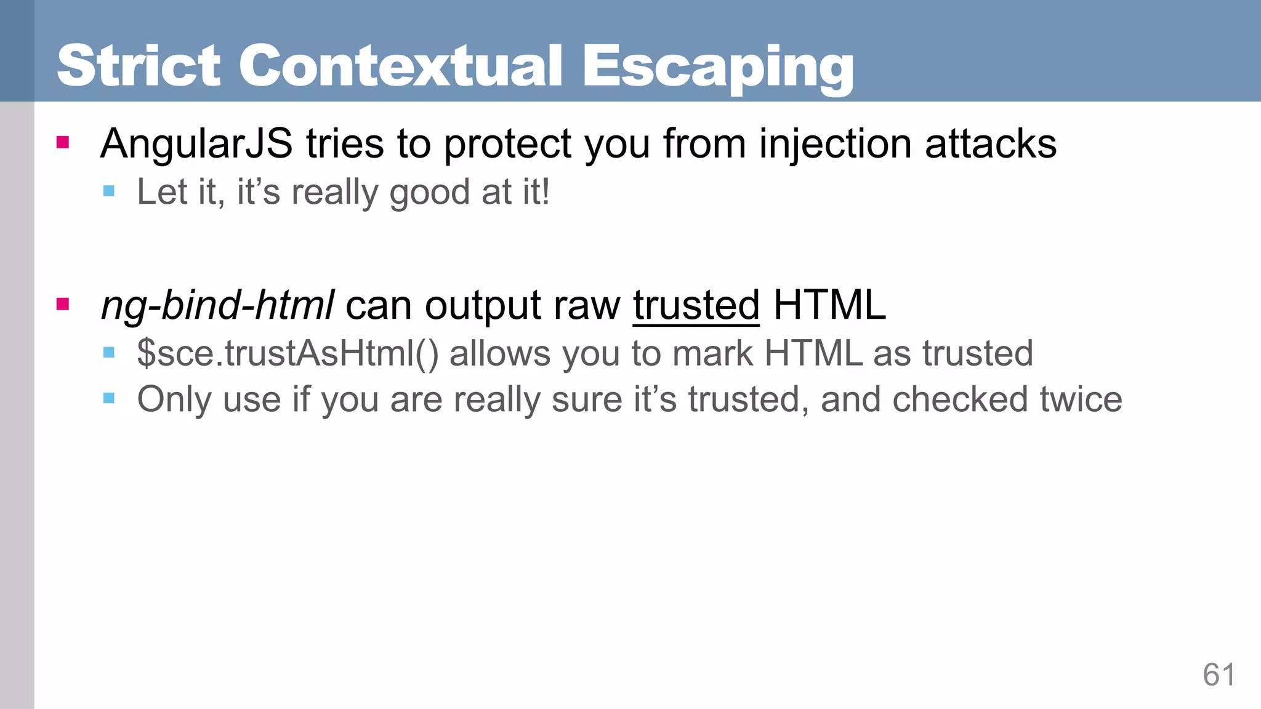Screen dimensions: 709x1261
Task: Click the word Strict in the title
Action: (139, 66)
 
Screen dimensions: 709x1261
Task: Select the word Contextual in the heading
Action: (400, 66)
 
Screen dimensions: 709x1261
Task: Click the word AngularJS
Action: (196, 144)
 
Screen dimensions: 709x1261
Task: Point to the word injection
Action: (835, 144)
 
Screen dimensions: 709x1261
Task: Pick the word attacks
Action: (991, 144)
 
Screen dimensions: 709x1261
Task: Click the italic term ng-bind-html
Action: (217, 305)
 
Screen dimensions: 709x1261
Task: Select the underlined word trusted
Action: (696, 305)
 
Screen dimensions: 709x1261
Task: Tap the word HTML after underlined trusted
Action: (829, 305)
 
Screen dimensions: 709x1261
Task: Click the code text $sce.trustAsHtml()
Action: (288, 354)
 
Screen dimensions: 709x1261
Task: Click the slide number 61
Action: (1219, 675)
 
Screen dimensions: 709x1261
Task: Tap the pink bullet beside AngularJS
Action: (62, 143)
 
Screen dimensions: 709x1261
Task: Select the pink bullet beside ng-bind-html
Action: (62, 304)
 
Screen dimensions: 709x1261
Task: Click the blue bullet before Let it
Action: (109, 191)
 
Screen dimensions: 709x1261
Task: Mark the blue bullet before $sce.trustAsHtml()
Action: (109, 353)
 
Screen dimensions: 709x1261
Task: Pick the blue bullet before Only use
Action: (109, 398)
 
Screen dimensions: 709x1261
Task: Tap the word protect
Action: (508, 144)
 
